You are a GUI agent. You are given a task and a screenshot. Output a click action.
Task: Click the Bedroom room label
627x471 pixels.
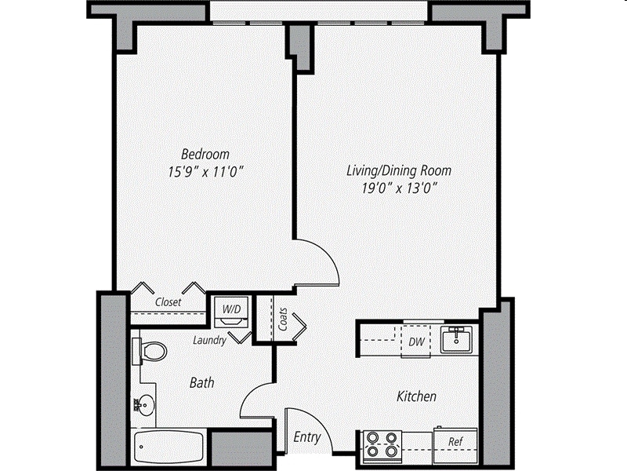coord(205,154)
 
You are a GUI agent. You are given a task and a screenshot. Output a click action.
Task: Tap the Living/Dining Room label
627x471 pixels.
coord(399,170)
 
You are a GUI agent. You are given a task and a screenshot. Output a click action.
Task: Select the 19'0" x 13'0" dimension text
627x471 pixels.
coord(399,188)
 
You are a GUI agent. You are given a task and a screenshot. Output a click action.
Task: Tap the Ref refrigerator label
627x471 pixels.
coord(455,442)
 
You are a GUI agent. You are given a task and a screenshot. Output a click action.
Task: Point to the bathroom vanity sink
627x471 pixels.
coord(143,405)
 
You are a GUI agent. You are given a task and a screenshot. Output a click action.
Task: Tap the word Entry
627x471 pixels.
coord(306,437)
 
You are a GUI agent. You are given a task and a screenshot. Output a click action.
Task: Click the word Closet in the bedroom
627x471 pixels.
coord(168,301)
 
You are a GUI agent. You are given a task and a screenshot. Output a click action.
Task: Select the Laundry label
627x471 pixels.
coord(210,340)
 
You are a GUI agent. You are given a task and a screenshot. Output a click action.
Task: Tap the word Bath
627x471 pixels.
coord(202,382)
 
